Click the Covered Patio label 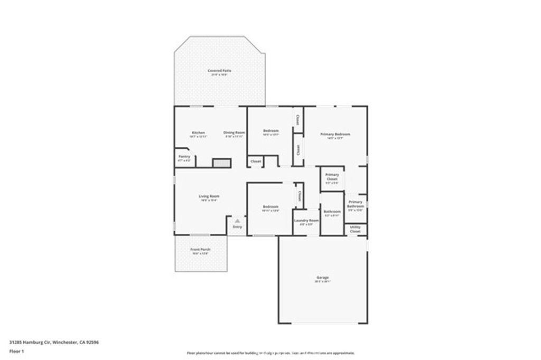pos(219,71)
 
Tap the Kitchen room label pos(198,132)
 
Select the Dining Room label pos(234,132)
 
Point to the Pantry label pos(184,157)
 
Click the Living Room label pos(209,197)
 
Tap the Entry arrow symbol pos(238,221)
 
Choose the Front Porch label pos(200,250)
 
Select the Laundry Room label pos(306,220)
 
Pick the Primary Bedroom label pos(335,135)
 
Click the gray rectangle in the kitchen pos(222,163)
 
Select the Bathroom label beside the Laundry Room pos(332,212)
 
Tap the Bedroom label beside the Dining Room pos(270,131)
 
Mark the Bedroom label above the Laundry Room pos(270,207)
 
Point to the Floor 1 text pos(16,350)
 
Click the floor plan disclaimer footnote pos(270,353)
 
